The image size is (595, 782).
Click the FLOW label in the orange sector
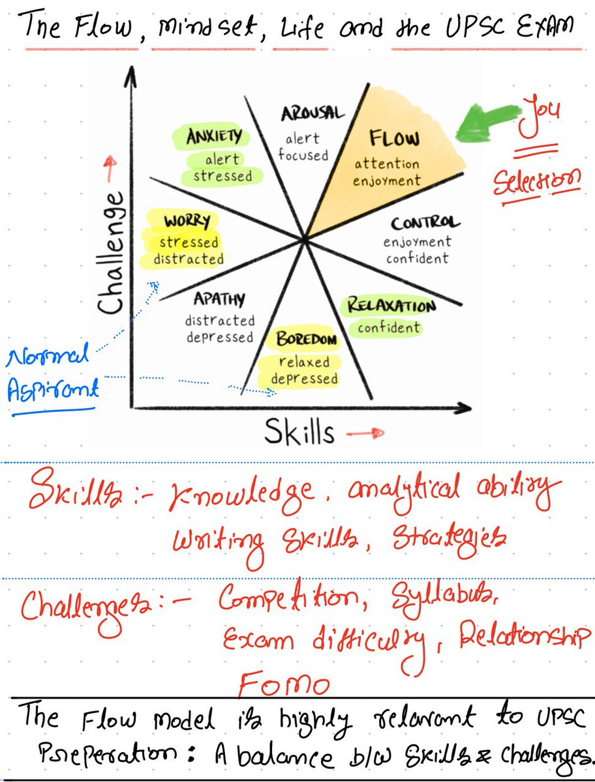[395, 138]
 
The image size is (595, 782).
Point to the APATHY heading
[219, 299]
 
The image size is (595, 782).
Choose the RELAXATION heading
[391, 305]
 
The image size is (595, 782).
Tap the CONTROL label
[425, 224]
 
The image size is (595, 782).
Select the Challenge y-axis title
[113, 251]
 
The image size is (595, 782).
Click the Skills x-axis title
[299, 431]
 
